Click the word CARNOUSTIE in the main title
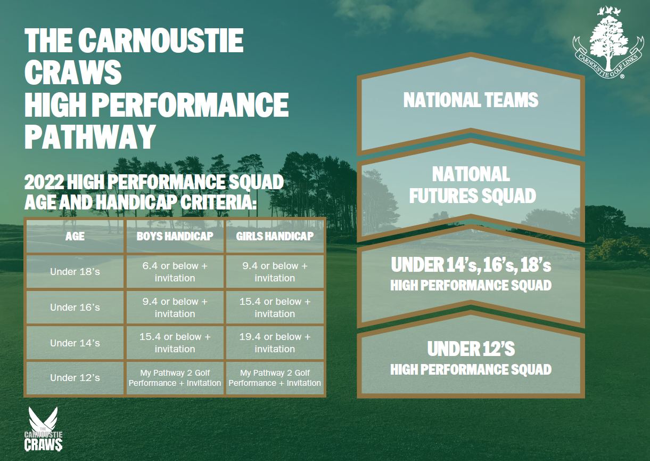pos(160,41)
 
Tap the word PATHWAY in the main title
pos(90,136)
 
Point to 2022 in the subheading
pos(44,182)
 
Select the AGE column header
pos(75,236)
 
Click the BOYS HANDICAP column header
pos(175,236)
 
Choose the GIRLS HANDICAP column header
pos(275,236)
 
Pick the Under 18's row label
pos(75,272)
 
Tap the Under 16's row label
pos(75,308)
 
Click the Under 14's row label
pos(75,343)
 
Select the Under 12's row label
pos(75,378)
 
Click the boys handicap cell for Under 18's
pos(175,272)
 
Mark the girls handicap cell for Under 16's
pos(275,308)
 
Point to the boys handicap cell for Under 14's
pos(175,343)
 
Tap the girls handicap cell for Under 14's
pos(275,343)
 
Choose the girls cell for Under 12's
pos(275,378)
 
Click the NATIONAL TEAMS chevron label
pos(471,100)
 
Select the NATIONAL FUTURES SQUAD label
pos(472,184)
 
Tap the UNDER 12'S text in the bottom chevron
pos(471,349)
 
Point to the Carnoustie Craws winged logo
pos(43,429)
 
